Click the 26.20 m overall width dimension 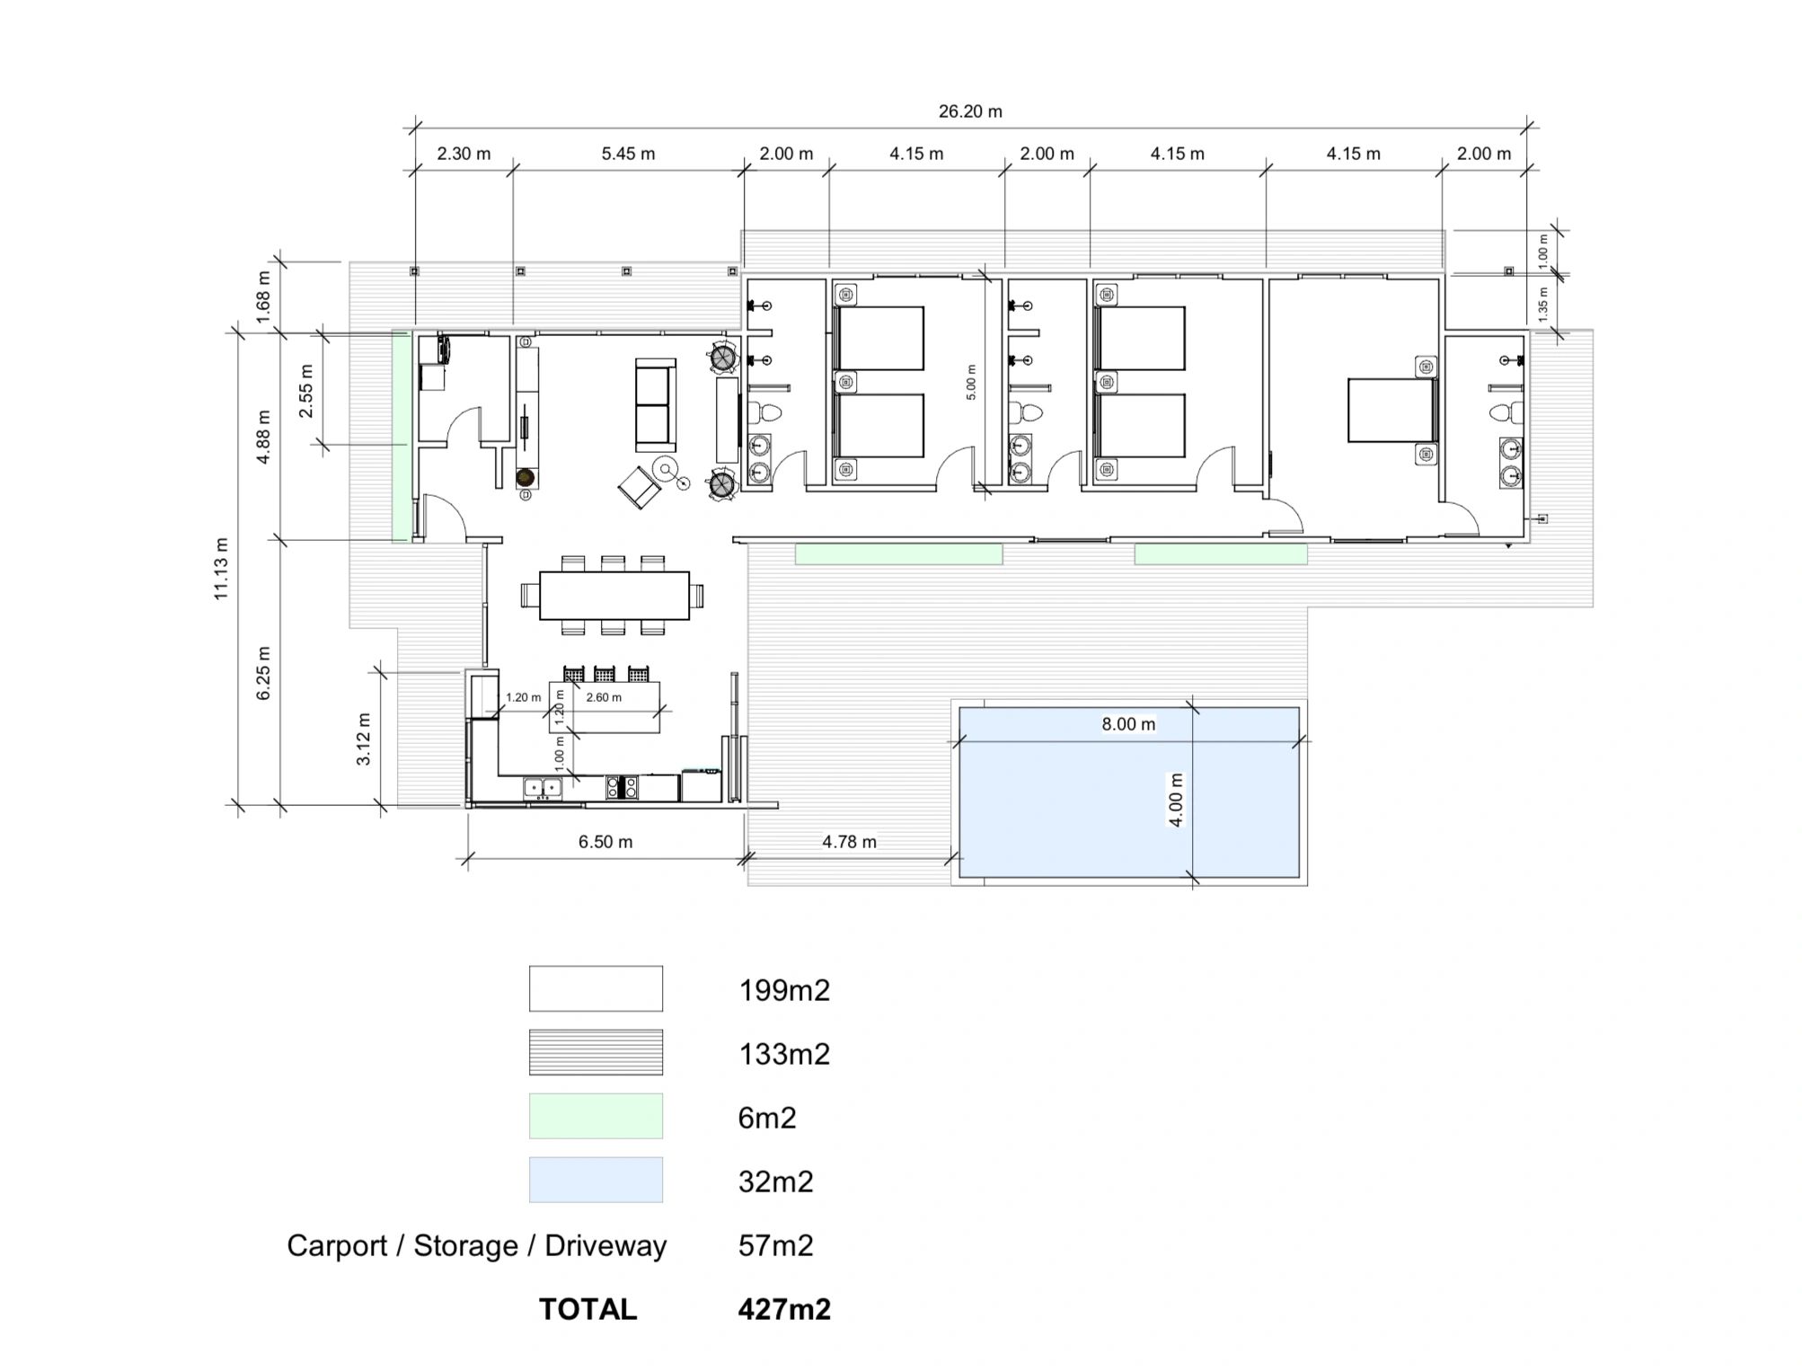970,111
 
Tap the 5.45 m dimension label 628,154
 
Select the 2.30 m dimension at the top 464,154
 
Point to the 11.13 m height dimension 221,568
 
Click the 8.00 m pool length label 1128,724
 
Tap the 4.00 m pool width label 1175,800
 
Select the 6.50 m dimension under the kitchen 605,842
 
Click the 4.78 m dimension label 849,842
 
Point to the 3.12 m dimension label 364,739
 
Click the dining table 614,596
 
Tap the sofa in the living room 655,404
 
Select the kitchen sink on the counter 543,788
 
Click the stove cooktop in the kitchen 622,788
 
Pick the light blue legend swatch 596,1180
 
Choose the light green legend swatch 596,1116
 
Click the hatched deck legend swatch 596,1052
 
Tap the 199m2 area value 784,990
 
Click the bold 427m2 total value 784,1309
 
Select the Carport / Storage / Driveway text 477,1246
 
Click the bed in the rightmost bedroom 1391,410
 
